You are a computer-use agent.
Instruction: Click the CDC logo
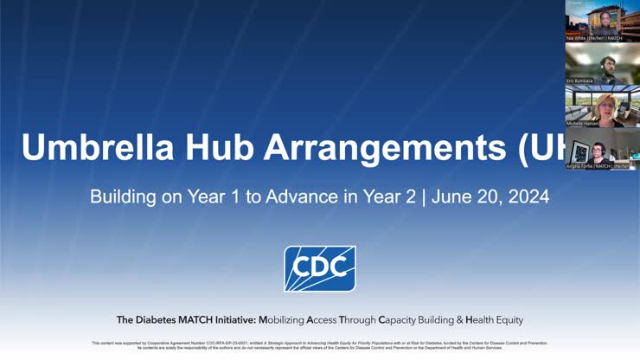coord(319,268)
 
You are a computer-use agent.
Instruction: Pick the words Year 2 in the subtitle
coord(391,196)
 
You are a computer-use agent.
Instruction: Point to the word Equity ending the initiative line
coord(508,319)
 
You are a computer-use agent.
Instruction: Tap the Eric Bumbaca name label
coord(580,80)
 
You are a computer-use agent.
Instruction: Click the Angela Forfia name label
coord(578,165)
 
